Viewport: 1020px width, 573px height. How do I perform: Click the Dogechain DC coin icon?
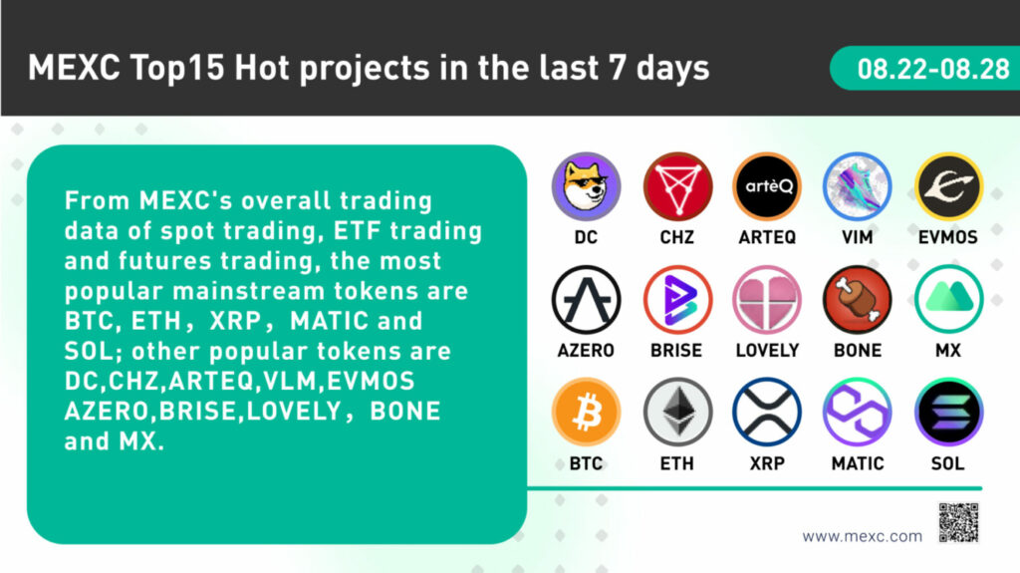click(586, 187)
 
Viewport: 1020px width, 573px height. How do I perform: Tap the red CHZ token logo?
click(677, 187)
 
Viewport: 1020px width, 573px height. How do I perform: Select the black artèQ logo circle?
click(768, 187)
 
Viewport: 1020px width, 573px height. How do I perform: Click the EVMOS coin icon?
click(948, 187)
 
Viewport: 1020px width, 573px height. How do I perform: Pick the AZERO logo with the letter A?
click(586, 300)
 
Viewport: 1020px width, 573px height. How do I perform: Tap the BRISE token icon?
click(677, 300)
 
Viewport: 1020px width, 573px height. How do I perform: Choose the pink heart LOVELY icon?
click(768, 300)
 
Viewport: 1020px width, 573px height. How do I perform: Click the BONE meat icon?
click(858, 300)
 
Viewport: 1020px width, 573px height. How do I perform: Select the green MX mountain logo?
click(948, 300)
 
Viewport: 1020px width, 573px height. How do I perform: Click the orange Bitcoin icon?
click(586, 413)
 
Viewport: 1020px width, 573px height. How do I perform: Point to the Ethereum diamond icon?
click(677, 413)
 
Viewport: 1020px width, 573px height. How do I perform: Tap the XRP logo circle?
click(768, 413)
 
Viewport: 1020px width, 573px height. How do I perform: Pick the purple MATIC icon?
click(858, 413)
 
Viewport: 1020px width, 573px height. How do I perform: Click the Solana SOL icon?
click(948, 413)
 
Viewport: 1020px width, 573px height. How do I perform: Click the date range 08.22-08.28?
click(933, 69)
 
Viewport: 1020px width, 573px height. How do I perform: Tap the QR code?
click(958, 522)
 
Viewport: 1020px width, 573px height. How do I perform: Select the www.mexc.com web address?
click(862, 536)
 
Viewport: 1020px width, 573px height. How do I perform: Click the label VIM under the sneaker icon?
click(858, 237)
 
